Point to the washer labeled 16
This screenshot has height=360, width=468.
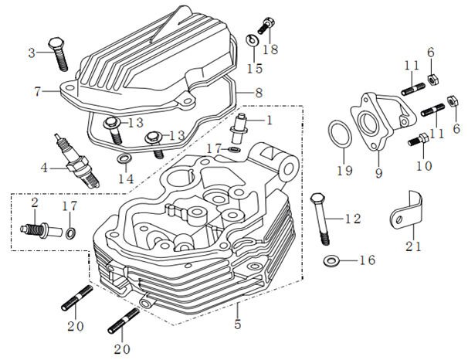331,261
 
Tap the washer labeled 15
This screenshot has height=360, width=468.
252,41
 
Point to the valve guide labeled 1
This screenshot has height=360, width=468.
242,124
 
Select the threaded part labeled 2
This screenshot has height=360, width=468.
37,228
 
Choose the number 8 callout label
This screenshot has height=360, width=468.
258,93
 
